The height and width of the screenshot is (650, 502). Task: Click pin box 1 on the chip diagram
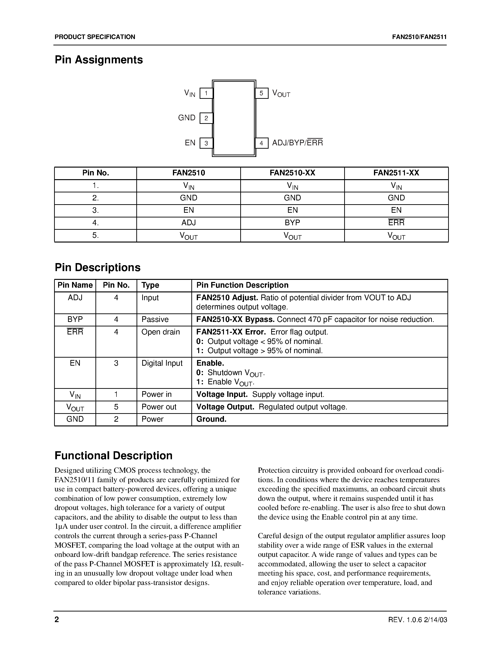[206, 93]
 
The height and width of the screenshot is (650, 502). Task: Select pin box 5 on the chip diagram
[262, 93]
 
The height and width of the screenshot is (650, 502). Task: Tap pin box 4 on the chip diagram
[262, 143]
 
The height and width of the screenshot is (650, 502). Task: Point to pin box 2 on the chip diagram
[206, 118]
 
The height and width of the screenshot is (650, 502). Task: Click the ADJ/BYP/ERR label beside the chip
[297, 143]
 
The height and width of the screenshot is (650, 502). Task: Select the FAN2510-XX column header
[292, 173]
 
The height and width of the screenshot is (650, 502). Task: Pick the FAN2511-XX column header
[396, 173]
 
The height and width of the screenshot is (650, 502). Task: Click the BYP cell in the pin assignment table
[292, 223]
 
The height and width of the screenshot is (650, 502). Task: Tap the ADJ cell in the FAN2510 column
[189, 223]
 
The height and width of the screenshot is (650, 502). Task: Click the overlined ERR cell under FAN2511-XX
[396, 223]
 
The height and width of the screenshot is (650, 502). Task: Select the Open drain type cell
[161, 332]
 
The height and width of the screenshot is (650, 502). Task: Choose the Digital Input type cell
[162, 363]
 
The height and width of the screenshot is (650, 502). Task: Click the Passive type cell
[155, 319]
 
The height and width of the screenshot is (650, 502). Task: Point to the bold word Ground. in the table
[211, 419]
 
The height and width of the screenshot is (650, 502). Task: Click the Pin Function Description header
[242, 285]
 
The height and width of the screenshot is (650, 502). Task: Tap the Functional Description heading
[114, 456]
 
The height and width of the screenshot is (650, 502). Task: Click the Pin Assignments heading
[99, 60]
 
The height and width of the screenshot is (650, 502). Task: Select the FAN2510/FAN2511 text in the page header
[419, 37]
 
